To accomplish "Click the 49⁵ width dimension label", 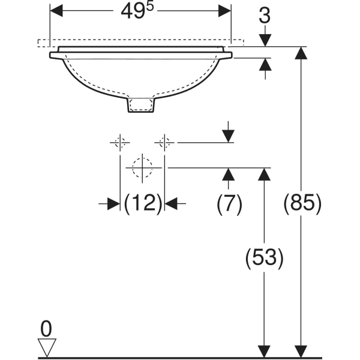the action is [137, 11].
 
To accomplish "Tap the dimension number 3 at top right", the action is [265, 16].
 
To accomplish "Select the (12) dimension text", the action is [143, 203].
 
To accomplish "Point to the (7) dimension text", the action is [229, 204].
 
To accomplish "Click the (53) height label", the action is [264, 257].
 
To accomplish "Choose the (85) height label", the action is [302, 203].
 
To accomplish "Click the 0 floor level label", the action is [46, 329].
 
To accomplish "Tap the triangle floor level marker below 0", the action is [47, 347].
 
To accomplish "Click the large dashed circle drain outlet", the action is [142, 168].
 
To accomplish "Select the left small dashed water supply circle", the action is [120, 143].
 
